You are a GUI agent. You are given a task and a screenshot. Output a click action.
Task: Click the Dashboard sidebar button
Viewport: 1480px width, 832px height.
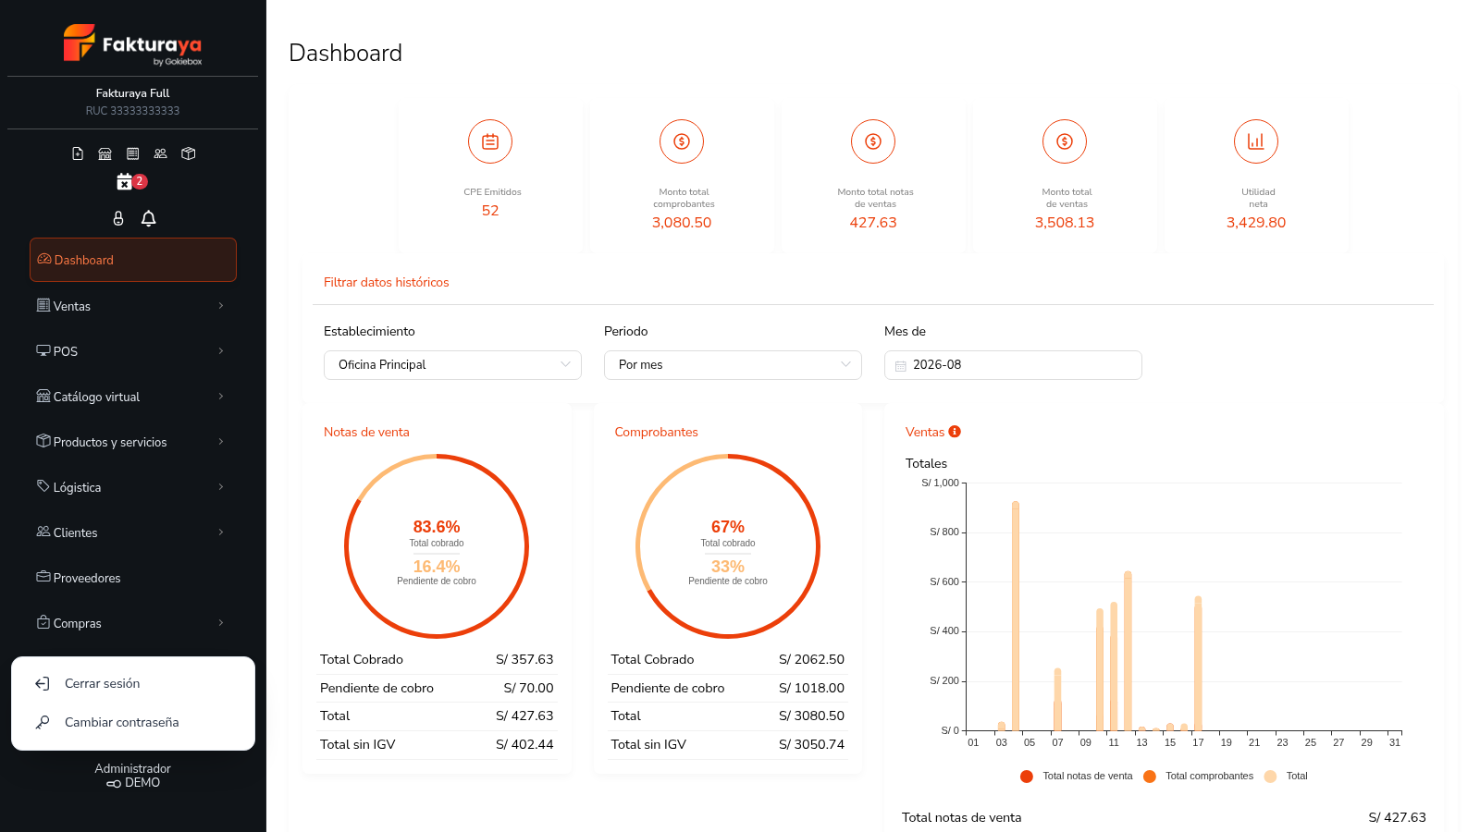pyautogui.click(x=133, y=260)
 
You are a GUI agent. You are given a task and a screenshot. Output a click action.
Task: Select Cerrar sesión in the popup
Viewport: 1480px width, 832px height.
pyautogui.click(x=102, y=683)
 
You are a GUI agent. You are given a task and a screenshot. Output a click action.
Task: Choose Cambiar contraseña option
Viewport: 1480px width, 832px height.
pyautogui.click(x=121, y=722)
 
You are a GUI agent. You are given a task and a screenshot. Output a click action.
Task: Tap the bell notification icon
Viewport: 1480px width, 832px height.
pyautogui.click(x=149, y=218)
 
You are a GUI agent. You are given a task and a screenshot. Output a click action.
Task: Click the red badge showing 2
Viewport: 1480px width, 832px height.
pyautogui.click(x=140, y=181)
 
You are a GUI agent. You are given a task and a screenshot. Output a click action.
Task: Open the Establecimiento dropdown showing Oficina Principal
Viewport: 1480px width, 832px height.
pyautogui.click(x=452, y=364)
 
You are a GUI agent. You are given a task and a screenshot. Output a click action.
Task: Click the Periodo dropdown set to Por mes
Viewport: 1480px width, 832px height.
pyautogui.click(x=733, y=364)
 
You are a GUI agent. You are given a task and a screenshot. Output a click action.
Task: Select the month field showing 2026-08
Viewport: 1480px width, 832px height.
pyautogui.click(x=1013, y=364)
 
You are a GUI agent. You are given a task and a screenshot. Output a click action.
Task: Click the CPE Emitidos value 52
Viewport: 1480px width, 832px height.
pyautogui.click(x=490, y=211)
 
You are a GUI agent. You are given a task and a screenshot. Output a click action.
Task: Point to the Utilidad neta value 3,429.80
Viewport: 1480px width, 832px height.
pyautogui.click(x=1256, y=223)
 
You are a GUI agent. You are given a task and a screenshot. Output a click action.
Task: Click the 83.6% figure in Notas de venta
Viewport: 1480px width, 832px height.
pyautogui.click(x=436, y=526)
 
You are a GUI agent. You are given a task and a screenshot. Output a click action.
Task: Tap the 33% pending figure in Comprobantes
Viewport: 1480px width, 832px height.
pyautogui.click(x=727, y=566)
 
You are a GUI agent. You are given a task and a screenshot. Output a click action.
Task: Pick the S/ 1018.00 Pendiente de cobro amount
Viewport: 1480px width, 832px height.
pyautogui.click(x=811, y=688)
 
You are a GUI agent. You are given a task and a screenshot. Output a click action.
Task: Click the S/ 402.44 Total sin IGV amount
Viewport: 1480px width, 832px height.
pyautogui.click(x=524, y=744)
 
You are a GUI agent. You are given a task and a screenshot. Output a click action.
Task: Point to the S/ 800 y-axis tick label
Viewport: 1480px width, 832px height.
pyautogui.click(x=944, y=532)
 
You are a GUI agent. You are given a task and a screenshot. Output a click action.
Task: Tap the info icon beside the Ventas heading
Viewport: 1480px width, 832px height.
pyautogui.click(x=955, y=431)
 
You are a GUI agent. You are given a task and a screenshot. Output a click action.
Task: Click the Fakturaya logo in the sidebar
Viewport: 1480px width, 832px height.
pyautogui.click(x=133, y=44)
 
